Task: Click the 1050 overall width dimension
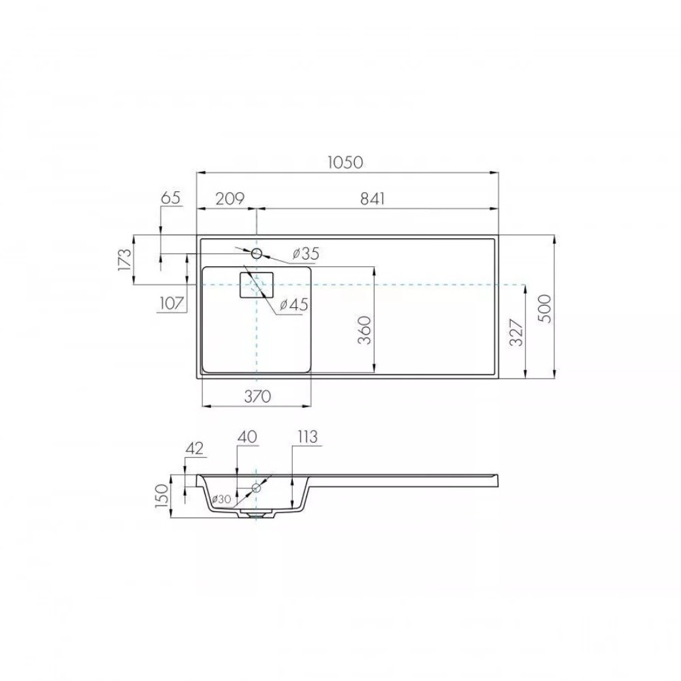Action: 345,162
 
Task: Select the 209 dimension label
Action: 230,198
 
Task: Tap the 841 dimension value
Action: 373,198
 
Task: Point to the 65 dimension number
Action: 170,197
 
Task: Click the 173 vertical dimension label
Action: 125,259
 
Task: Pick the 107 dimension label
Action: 172,303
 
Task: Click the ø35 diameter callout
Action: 306,253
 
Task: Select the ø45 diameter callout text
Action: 294,305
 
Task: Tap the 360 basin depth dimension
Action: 365,330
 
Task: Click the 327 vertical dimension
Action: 516,332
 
